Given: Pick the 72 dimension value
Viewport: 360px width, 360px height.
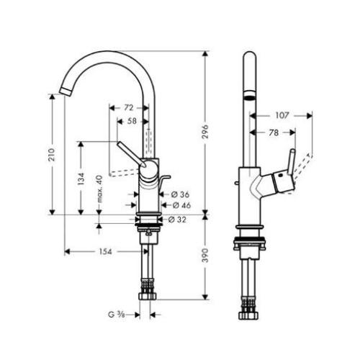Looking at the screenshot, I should (x=129, y=107).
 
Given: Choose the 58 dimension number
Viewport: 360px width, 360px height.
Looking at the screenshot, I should (x=132, y=122).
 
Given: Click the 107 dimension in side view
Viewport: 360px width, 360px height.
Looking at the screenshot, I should (x=282, y=114).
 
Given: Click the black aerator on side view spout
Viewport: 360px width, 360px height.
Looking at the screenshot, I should (x=248, y=97).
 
